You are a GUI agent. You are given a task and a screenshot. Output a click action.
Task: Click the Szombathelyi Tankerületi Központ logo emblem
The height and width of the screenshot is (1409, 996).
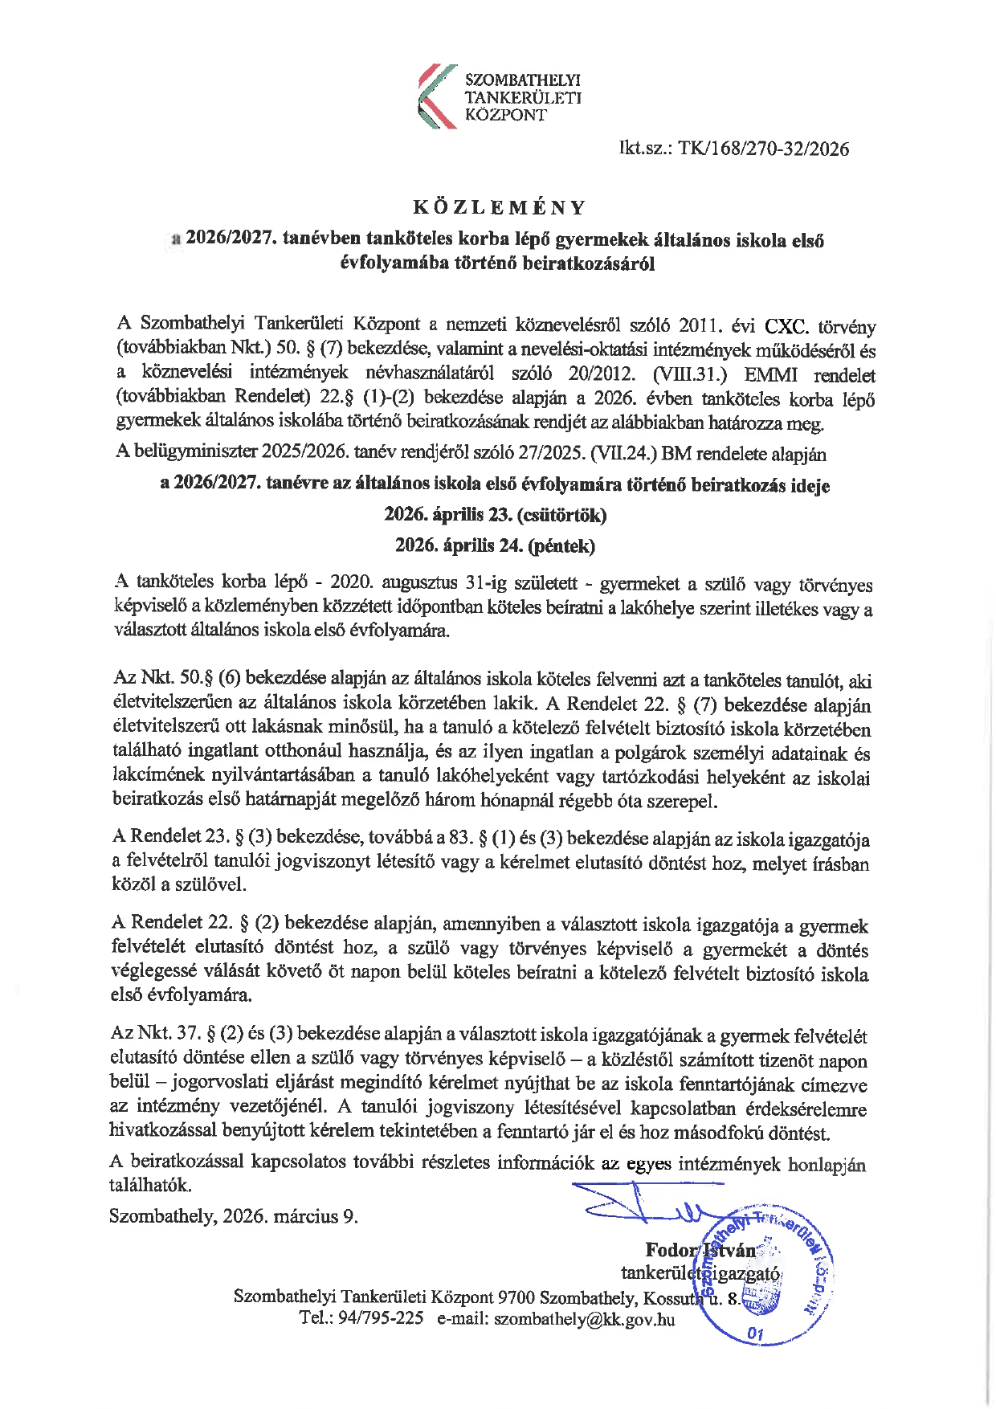437,97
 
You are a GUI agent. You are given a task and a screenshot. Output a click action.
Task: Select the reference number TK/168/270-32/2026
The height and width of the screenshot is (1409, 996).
763,149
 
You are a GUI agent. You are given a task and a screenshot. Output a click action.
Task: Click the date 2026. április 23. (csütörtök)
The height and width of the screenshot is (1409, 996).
495,515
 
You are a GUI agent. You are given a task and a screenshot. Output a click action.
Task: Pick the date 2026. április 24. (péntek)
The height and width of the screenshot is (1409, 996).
495,546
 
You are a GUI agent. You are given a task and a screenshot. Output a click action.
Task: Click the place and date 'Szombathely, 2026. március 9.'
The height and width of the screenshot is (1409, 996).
234,1216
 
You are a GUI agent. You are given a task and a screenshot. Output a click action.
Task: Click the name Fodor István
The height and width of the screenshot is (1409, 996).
700,1250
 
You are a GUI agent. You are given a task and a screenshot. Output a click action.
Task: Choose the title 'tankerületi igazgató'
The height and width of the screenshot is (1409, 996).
700,1273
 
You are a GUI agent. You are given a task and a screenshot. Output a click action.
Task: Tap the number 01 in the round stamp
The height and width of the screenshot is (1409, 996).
755,1334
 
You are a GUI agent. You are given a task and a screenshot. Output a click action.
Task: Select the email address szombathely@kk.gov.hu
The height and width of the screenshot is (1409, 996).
584,1319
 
